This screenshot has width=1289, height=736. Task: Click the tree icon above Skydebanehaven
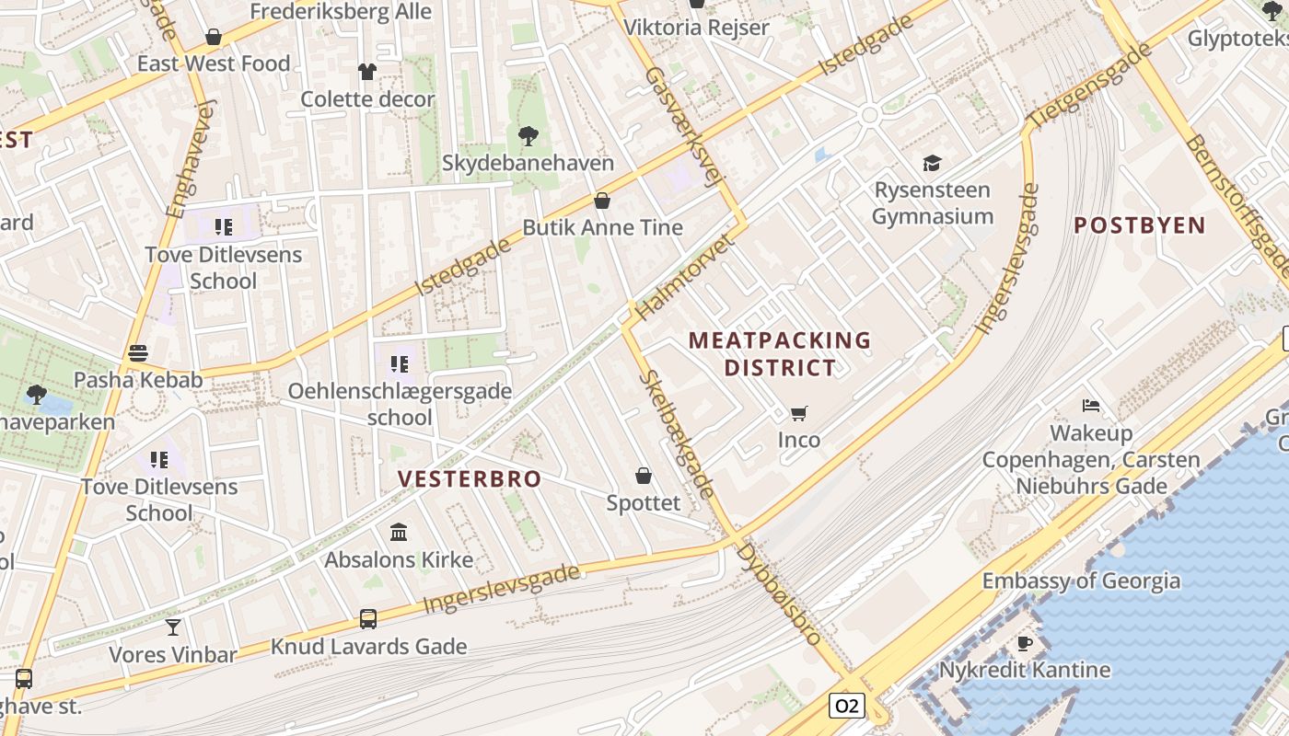tap(528, 136)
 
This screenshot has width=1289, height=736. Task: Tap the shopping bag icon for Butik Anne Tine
tap(602, 200)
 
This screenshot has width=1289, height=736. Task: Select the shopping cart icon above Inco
tap(798, 413)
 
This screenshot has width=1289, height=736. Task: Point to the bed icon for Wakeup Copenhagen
tap(1091, 406)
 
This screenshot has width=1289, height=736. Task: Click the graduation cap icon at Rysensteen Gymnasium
tap(933, 163)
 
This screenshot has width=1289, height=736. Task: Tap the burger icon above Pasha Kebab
tap(138, 352)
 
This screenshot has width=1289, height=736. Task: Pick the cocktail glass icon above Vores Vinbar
tap(172, 627)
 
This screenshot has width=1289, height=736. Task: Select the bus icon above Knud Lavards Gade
tap(368, 619)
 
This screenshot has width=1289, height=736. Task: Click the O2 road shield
tap(846, 706)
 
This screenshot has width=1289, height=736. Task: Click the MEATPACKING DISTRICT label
tap(780, 354)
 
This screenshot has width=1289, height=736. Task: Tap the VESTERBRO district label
tap(470, 479)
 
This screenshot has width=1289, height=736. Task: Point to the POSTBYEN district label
tap(1140, 225)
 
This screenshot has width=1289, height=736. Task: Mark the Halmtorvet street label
tap(682, 277)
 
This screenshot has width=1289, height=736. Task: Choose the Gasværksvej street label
tap(680, 127)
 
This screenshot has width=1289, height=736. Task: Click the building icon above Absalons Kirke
tap(399, 532)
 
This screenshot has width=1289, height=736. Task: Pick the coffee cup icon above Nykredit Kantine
tap(1024, 643)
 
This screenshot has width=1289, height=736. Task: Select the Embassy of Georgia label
tap(1081, 581)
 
